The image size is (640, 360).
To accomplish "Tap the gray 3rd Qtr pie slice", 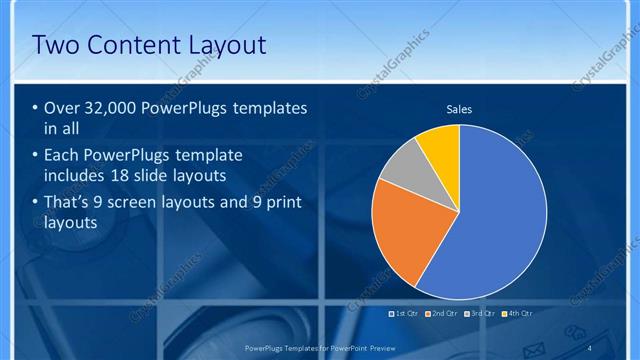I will pos(405,165).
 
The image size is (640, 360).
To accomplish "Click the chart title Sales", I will pos(459,110).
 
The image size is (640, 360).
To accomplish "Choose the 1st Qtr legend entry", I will pos(404,313).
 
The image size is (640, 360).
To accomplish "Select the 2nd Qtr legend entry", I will pos(441,313).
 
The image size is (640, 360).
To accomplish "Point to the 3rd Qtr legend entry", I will pos(481,313).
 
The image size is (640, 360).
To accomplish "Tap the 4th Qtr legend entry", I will pos(518,313).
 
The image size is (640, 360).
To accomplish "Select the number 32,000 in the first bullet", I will pos(104,108).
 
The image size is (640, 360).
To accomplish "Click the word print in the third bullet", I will pos(282,203).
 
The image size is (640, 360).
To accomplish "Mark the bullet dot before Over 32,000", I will pos(35,108).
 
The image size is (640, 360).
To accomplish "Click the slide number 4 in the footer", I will pos(589,346).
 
